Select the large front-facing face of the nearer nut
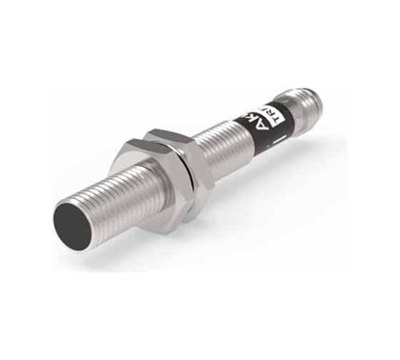pyautogui.click(x=143, y=196)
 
